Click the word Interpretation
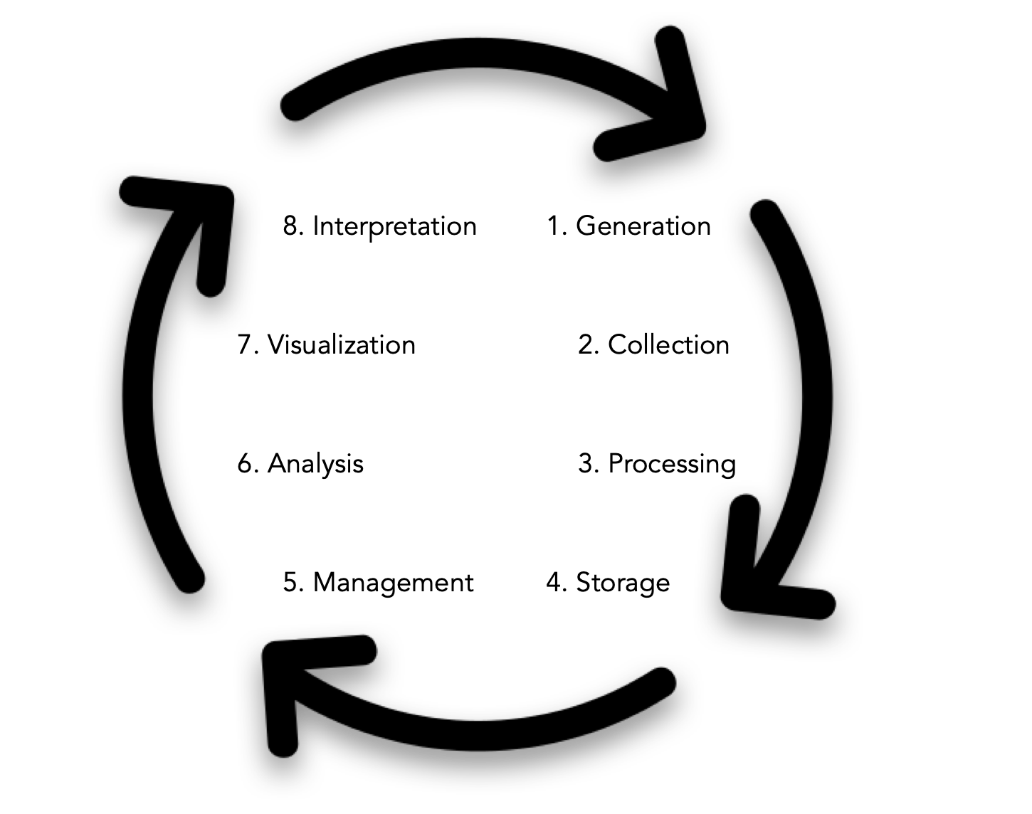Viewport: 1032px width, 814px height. point(394,226)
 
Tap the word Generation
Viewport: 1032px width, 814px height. point(643,226)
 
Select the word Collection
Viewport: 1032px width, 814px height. point(668,345)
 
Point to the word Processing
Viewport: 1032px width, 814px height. point(672,464)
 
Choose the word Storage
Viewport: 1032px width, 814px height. point(623,583)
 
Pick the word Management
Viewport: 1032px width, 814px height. point(393,583)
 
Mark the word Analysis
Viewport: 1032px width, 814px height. point(315,464)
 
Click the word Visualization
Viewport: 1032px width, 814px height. point(341,345)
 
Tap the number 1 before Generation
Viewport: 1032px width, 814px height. point(554,226)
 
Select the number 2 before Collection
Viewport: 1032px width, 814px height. point(586,345)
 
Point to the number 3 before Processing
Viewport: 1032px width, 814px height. point(586,464)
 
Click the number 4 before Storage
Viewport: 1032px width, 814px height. point(554,583)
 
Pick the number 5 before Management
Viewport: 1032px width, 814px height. point(290,583)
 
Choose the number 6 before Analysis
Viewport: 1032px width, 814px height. point(245,464)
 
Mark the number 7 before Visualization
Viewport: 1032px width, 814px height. point(244,345)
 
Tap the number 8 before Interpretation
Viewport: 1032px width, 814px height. point(290,226)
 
